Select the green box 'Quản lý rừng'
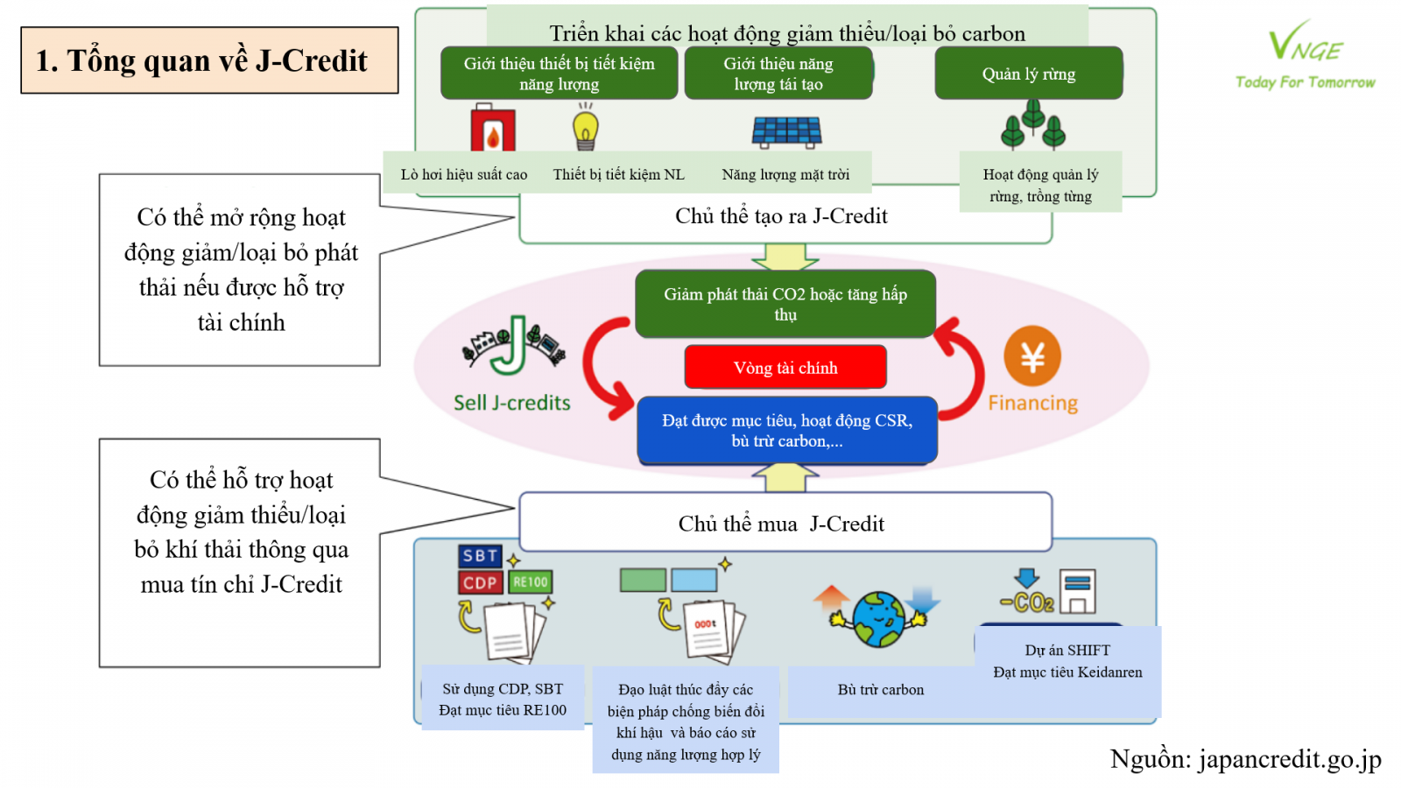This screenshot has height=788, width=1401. coord(1029,74)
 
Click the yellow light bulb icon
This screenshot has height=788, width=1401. coord(586,128)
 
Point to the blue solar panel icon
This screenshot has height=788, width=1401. coord(786,132)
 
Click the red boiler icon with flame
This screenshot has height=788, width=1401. coord(493,130)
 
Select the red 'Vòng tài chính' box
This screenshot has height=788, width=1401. coord(785,368)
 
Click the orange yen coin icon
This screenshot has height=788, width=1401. coord(1032,356)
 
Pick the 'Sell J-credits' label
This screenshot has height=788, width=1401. coord(511,403)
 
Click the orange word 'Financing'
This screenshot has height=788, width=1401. coord(1033,403)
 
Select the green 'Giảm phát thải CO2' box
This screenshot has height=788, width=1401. coord(785,304)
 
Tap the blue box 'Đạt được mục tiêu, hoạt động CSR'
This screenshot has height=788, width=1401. coord(787,430)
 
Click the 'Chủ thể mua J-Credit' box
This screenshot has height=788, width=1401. coord(785,524)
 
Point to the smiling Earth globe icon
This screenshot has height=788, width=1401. coord(879,618)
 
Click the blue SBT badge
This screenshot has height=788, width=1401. coord(480,556)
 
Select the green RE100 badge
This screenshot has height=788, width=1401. coord(531,582)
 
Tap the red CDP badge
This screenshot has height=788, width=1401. coord(480,583)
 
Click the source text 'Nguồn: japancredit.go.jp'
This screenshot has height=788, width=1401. coord(1245,759)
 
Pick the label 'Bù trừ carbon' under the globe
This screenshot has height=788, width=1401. coord(880,690)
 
